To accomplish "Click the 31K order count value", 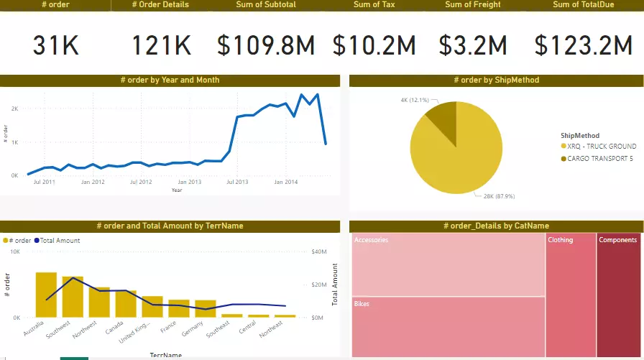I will click(x=55, y=47).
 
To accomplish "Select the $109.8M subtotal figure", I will click(x=267, y=47).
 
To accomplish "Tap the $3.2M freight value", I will click(x=474, y=47).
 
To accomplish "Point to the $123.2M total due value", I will click(x=583, y=47).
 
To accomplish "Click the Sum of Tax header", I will click(x=374, y=5).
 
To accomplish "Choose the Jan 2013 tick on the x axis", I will click(x=189, y=183).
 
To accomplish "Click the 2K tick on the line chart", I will click(x=14, y=109).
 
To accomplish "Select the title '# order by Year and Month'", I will click(x=170, y=80).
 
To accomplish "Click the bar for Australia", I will click(x=46, y=295).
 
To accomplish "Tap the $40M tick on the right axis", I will click(x=320, y=252).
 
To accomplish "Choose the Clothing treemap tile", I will click(x=571, y=295).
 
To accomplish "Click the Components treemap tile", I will click(x=618, y=295).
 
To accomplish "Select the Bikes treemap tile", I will click(x=448, y=327).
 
